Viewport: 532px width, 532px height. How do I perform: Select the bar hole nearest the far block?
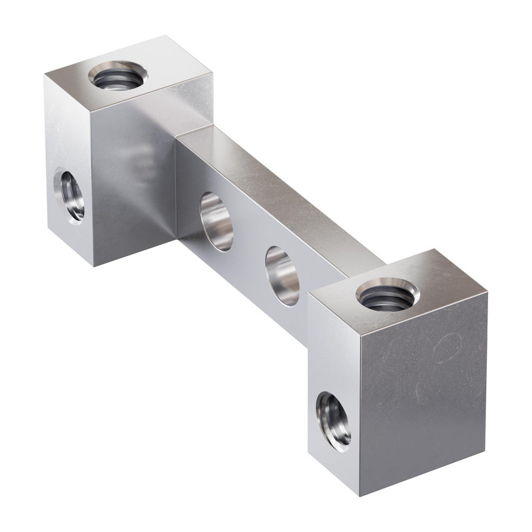pos(217,221)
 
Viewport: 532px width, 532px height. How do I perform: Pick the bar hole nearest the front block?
pos(282,275)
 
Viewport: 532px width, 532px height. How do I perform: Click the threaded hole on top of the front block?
pos(387,295)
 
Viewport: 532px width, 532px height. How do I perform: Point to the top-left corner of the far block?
pos(45,75)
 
